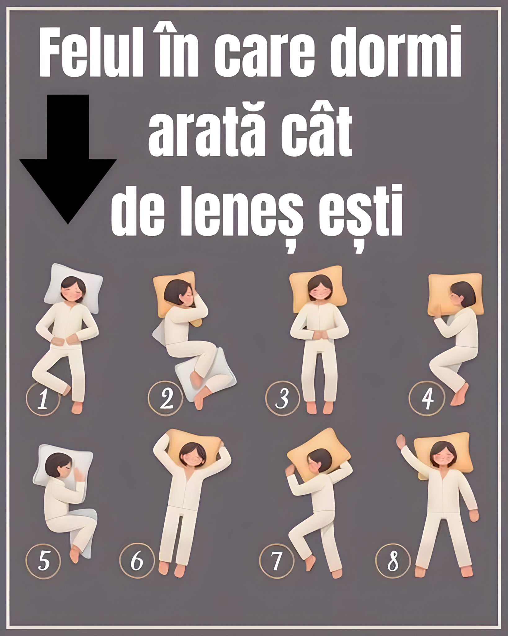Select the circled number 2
166,399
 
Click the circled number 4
426,398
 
